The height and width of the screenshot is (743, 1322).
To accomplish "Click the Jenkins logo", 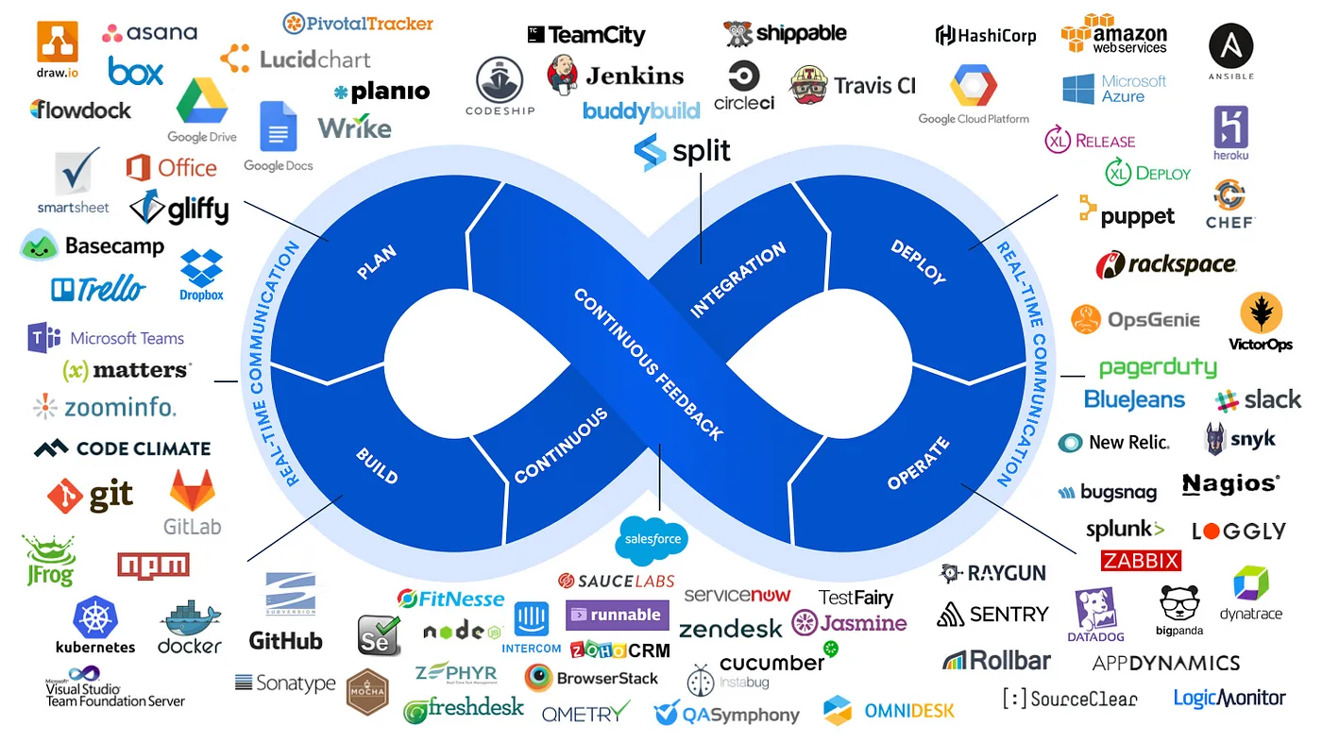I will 615,75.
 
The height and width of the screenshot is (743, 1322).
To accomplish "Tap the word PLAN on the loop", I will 376,262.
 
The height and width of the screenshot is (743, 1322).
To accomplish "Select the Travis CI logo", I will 853,85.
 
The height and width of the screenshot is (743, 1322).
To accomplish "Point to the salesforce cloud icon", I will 652,538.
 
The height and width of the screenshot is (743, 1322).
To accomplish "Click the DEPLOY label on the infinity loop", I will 918,262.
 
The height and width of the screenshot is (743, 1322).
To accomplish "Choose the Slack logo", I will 1258,399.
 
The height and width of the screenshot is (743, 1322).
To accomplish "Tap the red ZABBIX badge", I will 1141,561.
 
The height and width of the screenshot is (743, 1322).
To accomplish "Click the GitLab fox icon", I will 193,491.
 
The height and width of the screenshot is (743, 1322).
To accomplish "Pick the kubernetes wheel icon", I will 95,617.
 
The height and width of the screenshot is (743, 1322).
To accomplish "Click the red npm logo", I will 153,565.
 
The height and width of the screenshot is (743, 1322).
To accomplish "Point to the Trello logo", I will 99,289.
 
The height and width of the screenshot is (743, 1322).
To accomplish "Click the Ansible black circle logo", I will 1231,46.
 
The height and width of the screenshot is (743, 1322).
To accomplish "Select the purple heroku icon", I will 1231,127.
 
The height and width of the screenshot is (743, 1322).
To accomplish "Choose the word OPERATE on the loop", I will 918,464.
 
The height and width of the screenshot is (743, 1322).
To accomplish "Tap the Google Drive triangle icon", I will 202,102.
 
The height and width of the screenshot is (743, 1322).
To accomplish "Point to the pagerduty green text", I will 1158,367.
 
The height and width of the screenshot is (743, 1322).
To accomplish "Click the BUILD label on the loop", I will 377,465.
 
